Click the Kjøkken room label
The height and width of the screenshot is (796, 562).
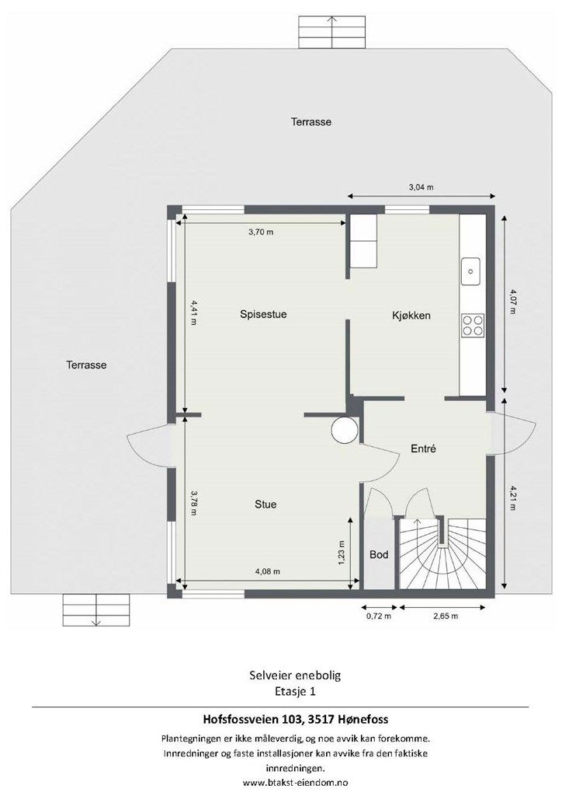(411, 316)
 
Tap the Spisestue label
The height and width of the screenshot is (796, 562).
(263, 314)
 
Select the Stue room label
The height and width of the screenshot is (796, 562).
(265, 504)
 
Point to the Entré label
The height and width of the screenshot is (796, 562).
(423, 449)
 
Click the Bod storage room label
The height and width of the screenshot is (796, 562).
(379, 554)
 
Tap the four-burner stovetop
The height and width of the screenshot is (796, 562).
(472, 325)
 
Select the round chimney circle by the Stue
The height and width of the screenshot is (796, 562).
(344, 429)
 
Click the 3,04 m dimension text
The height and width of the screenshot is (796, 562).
(421, 187)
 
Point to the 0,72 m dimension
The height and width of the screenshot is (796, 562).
(379, 616)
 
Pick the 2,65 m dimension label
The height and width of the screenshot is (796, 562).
(446, 616)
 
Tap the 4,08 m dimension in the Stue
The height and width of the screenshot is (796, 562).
(268, 571)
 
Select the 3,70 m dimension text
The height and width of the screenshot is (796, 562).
(261, 232)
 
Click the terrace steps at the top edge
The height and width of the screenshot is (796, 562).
(331, 32)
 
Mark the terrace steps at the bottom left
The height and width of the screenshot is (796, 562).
(96, 609)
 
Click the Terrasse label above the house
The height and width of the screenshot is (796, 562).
(311, 122)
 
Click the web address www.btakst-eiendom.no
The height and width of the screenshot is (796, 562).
(296, 782)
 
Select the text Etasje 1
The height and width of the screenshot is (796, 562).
(296, 691)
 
